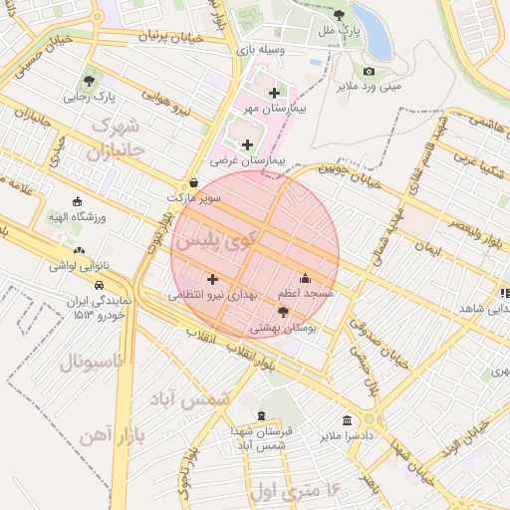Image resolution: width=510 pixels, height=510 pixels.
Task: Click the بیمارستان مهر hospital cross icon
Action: tap(274, 93)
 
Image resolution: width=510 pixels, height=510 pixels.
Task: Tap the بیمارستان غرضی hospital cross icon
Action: tap(247, 145)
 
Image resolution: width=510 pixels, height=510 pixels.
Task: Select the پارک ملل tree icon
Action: tap(339, 15)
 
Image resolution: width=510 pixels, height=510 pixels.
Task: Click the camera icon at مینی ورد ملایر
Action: tap(369, 71)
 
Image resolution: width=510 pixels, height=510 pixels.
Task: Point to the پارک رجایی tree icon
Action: tap(91, 81)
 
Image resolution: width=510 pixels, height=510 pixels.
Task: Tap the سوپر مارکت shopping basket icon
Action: tap(192, 182)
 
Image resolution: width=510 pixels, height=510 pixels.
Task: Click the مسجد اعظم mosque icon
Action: tap(305, 279)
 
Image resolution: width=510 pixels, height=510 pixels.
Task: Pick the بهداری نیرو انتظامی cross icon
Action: tap(211, 280)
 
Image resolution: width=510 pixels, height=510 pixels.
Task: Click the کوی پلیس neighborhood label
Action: tap(214, 239)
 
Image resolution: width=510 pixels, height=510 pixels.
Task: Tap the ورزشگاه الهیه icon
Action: tap(79, 200)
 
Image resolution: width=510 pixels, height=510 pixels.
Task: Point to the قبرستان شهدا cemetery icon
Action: tap(261, 415)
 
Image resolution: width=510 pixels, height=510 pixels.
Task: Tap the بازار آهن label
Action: tap(111, 434)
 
